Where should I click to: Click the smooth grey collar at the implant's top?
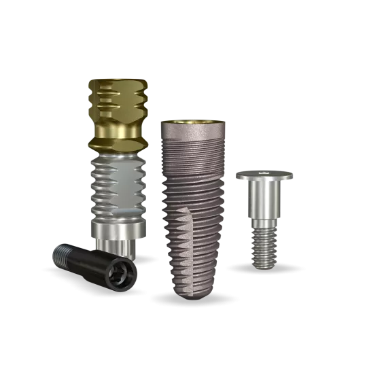tap(192, 133)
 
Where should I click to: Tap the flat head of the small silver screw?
tap(264, 176)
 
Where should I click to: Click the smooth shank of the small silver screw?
tap(264, 200)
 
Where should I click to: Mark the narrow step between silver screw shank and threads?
tap(264, 222)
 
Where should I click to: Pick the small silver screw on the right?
tap(264, 217)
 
